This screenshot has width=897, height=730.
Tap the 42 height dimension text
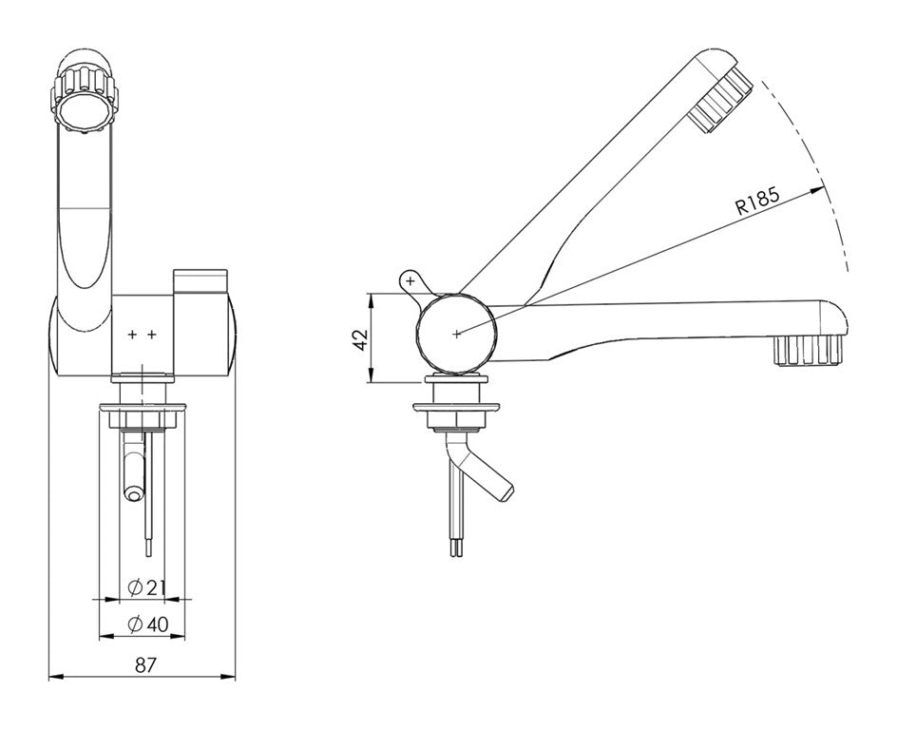click(x=360, y=338)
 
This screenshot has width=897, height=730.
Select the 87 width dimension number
click(x=145, y=664)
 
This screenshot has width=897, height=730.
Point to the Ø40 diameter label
click(x=149, y=624)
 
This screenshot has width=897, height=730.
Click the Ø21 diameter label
click(x=146, y=587)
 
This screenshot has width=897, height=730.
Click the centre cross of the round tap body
click(x=456, y=334)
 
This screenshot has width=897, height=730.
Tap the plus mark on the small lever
click(x=410, y=280)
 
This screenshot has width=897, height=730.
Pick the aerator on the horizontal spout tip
click(x=809, y=351)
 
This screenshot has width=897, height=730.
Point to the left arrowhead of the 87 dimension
click(x=55, y=679)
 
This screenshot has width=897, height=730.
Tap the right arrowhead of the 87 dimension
click(x=229, y=679)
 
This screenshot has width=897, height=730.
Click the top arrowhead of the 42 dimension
click(x=372, y=299)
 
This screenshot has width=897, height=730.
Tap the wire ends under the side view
click(x=456, y=547)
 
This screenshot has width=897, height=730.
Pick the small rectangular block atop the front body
click(x=200, y=281)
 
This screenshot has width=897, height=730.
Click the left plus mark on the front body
click(x=132, y=335)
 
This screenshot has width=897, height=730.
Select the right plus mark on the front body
click(x=151, y=335)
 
